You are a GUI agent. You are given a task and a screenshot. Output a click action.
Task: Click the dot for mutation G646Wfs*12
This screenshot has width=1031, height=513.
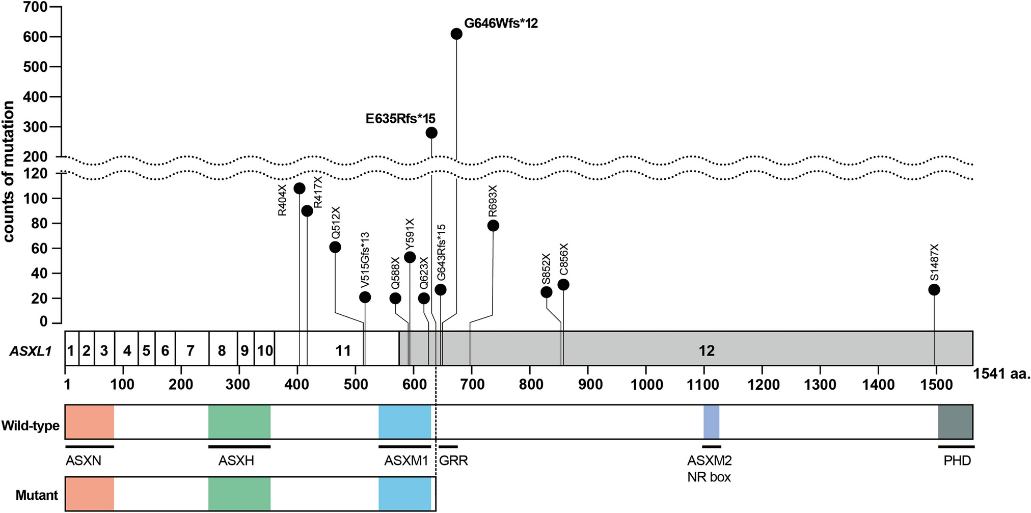pyautogui.click(x=456, y=34)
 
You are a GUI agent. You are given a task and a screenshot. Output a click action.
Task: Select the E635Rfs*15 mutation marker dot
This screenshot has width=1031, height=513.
pyautogui.click(x=431, y=133)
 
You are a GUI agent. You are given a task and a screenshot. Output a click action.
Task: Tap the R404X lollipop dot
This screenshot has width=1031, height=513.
pyautogui.click(x=300, y=188)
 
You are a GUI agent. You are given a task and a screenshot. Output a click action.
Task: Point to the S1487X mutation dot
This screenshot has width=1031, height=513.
pyautogui.click(x=934, y=290)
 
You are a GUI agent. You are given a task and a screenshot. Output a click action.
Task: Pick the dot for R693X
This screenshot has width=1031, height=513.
pyautogui.click(x=493, y=226)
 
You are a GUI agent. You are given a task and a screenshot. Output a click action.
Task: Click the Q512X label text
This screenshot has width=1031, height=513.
pyautogui.click(x=336, y=223)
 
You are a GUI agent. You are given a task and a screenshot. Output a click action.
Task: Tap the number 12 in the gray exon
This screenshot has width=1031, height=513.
pyautogui.click(x=707, y=350)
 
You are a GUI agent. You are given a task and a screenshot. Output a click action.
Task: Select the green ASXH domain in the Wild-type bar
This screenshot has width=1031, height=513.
pyautogui.click(x=239, y=422)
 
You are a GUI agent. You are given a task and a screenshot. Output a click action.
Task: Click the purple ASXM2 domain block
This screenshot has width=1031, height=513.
pyautogui.click(x=711, y=422)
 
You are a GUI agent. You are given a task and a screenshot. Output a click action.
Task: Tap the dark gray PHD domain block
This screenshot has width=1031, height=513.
pyautogui.click(x=955, y=422)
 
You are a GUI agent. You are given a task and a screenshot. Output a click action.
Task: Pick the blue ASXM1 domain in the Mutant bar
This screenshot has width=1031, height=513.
pyautogui.click(x=404, y=494)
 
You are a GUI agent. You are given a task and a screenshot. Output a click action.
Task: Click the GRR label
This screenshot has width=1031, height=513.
pyautogui.click(x=453, y=461)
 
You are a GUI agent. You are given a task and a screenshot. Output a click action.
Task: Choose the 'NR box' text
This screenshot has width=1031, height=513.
pyautogui.click(x=709, y=477)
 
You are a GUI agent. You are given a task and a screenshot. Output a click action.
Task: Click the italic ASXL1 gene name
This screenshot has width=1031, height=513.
pyautogui.click(x=31, y=350)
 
